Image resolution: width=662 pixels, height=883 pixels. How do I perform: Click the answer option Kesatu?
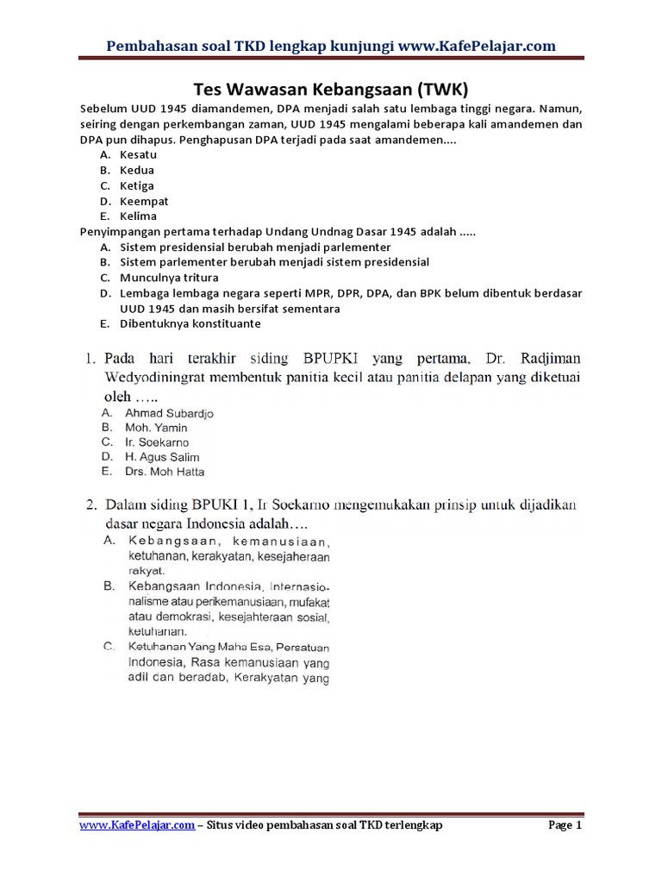[x=138, y=154]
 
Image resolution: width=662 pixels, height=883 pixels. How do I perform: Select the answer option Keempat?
[x=143, y=201]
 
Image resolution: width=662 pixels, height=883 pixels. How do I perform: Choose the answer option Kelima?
[x=139, y=216]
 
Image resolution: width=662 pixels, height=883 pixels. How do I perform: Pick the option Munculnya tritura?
[x=169, y=278]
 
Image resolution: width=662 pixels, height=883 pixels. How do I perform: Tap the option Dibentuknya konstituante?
[x=190, y=324]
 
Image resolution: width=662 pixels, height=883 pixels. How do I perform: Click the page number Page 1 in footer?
[x=565, y=826]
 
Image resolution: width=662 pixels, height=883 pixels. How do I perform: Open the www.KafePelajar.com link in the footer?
[x=136, y=826]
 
